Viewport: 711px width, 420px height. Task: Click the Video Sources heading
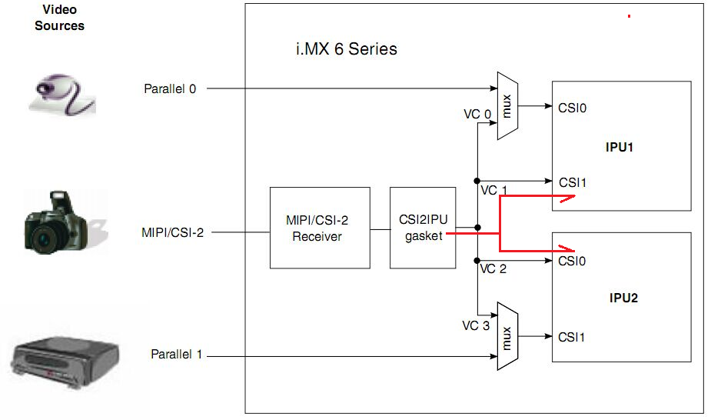59,17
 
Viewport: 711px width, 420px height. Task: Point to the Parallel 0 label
170,88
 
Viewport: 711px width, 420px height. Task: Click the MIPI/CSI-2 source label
173,232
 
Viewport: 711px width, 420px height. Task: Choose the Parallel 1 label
176,355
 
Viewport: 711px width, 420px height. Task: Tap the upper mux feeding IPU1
507,106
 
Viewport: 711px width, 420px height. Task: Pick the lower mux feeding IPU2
507,336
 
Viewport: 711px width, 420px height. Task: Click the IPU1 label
619,146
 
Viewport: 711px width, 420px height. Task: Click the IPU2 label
619,298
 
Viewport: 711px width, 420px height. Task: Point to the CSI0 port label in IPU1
573,108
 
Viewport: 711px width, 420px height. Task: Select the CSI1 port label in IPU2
573,336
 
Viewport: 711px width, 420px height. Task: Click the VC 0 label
477,114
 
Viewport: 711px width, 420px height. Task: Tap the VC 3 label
475,325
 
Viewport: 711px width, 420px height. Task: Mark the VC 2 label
493,269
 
